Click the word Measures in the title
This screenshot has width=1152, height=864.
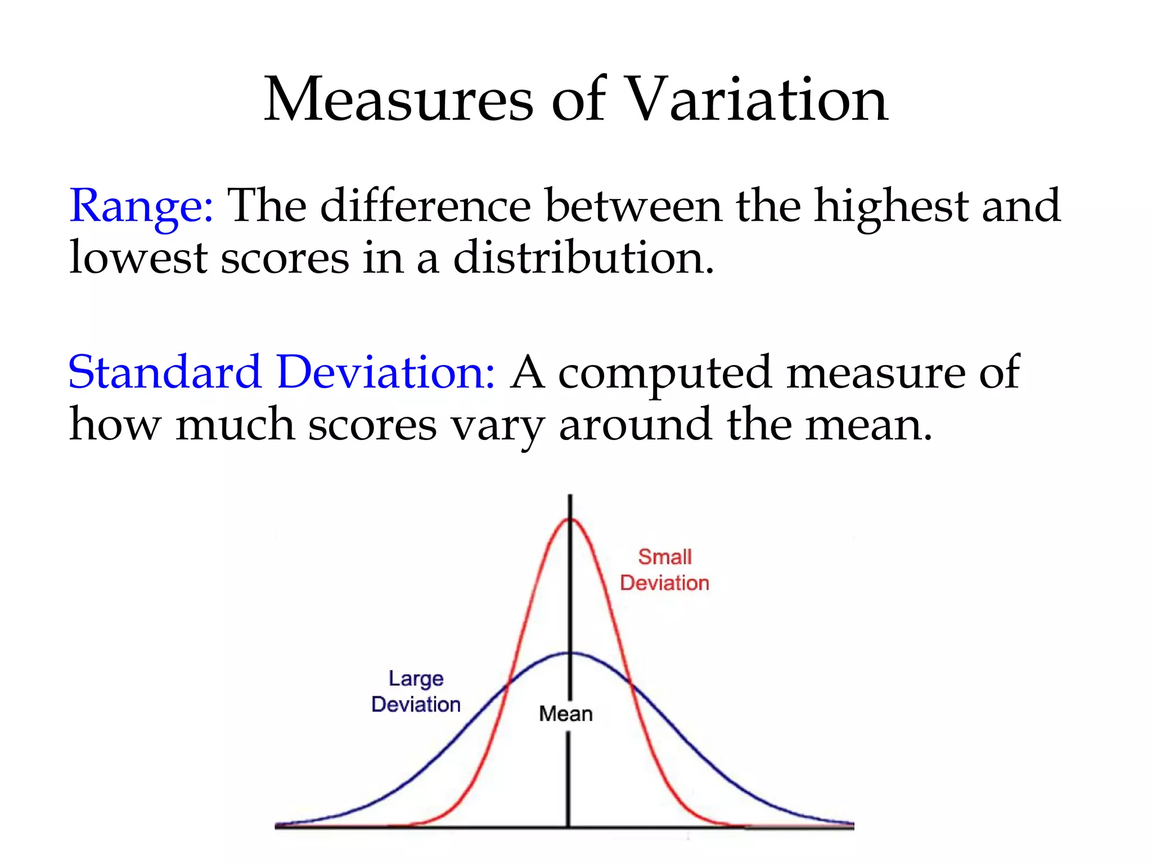point(398,100)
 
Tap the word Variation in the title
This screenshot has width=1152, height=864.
point(756,100)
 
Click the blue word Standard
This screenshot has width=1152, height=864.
point(164,372)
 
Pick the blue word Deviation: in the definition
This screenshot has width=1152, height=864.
point(386,372)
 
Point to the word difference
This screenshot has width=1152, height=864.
point(425,206)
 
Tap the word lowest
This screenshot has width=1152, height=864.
point(138,258)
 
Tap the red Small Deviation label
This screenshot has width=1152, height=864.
point(664,570)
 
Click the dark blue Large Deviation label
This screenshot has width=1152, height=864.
point(416,691)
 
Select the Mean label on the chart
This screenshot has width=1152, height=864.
point(565,714)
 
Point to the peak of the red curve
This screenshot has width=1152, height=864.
point(570,519)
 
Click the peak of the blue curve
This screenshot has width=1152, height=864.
point(570,653)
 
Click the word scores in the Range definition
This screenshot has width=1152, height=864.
point(285,258)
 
